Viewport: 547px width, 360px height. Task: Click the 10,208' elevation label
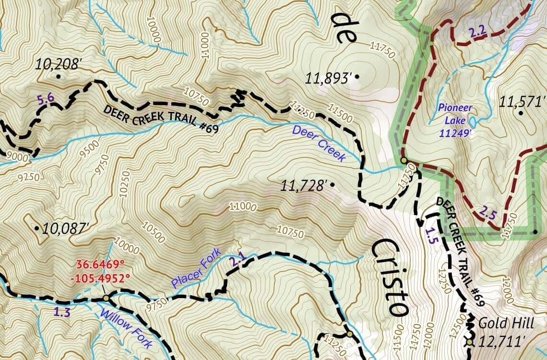(x=57, y=64)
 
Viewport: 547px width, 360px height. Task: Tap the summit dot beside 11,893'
(x=358, y=77)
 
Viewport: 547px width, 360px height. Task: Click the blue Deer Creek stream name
(x=319, y=144)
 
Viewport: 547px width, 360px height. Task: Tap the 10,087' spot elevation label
(x=65, y=228)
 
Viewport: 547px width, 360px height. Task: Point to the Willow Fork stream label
(x=126, y=328)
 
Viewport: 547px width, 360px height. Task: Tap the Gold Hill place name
(x=506, y=324)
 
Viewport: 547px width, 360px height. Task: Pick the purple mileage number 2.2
(x=478, y=33)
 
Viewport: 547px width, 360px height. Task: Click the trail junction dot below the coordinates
(x=106, y=299)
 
